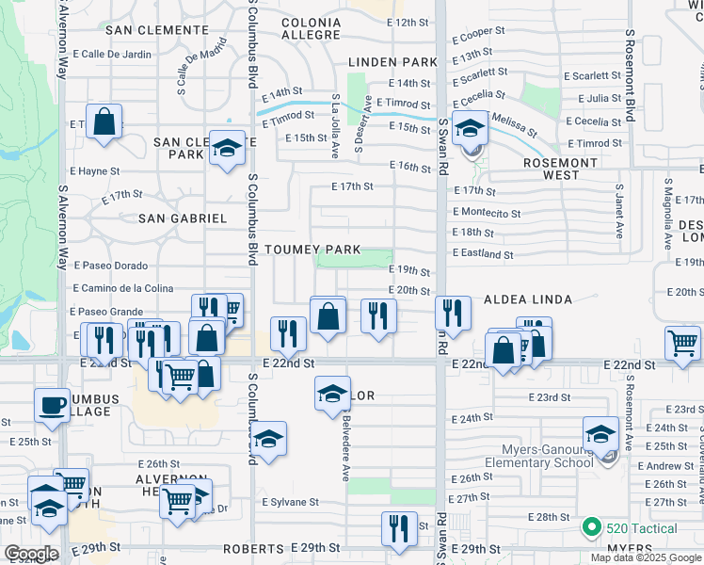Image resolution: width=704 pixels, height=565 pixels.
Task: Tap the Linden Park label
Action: click(392, 62)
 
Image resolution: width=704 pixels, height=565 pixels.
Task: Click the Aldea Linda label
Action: click(527, 299)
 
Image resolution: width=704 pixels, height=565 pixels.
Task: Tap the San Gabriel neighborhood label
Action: click(183, 218)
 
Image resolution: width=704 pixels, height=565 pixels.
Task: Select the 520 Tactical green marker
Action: click(592, 527)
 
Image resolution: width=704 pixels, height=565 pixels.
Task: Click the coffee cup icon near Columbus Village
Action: click(52, 405)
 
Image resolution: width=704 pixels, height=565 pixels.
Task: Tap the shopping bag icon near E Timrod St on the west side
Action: click(104, 121)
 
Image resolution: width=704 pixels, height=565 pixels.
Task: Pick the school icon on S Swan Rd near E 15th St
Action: click(469, 129)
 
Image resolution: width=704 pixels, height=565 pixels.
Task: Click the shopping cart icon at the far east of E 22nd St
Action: click(681, 344)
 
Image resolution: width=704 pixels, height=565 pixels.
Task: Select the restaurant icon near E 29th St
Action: click(399, 528)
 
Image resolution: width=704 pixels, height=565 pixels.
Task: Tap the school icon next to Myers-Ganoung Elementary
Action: click(600, 434)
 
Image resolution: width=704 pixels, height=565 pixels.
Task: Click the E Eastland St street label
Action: click(483, 254)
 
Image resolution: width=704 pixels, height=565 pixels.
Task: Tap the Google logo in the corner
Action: click(31, 554)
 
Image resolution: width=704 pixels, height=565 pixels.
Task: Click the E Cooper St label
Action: click(478, 33)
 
